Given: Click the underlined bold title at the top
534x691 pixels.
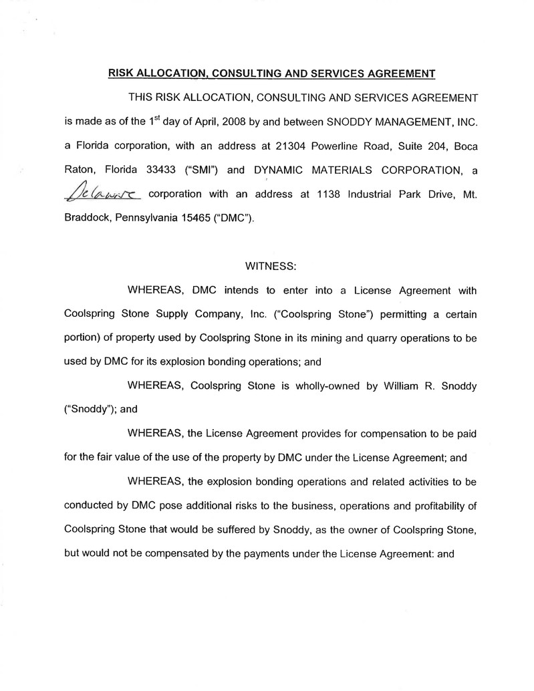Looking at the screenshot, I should (271, 73).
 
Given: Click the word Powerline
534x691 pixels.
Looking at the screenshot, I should (309, 146).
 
